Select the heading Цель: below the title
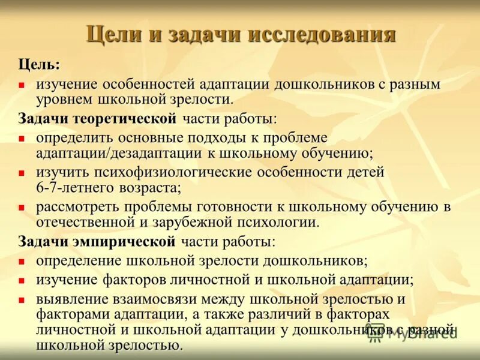(x=39, y=64)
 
